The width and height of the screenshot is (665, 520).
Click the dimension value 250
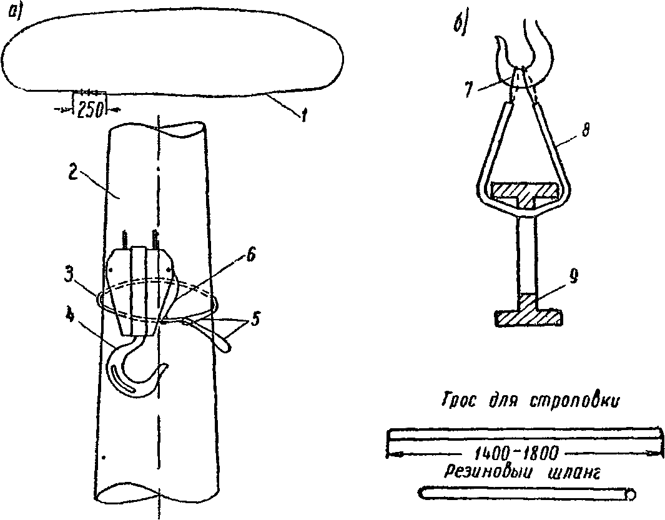tap(91, 109)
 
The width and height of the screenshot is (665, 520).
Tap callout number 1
tap(303, 115)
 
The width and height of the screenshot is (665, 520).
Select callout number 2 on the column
tap(74, 174)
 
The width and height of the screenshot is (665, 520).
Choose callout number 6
tap(251, 256)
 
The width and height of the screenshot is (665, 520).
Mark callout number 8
tap(585, 131)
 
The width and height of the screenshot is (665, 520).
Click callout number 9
tap(573, 277)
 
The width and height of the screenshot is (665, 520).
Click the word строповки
tap(573, 401)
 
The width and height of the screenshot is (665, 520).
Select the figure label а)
tap(16, 12)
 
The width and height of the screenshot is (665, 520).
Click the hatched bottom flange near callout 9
tap(529, 318)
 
